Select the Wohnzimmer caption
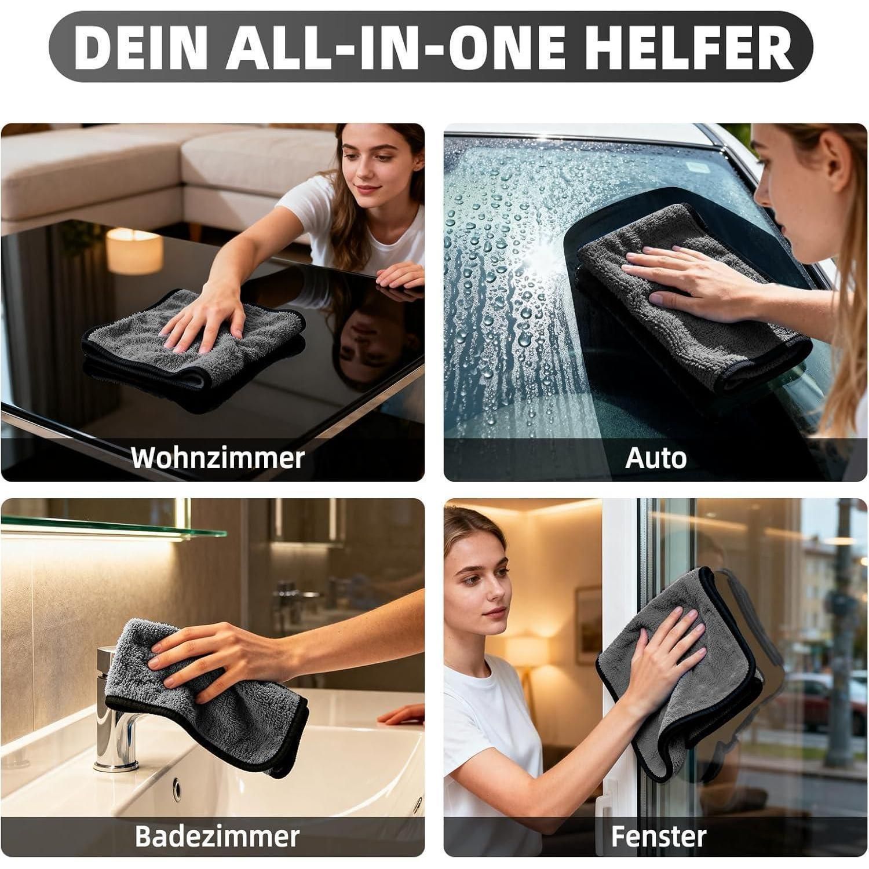coord(217,458)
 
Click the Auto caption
coord(656,458)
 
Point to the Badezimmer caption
coord(217,836)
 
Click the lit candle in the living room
coord(134,250)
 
